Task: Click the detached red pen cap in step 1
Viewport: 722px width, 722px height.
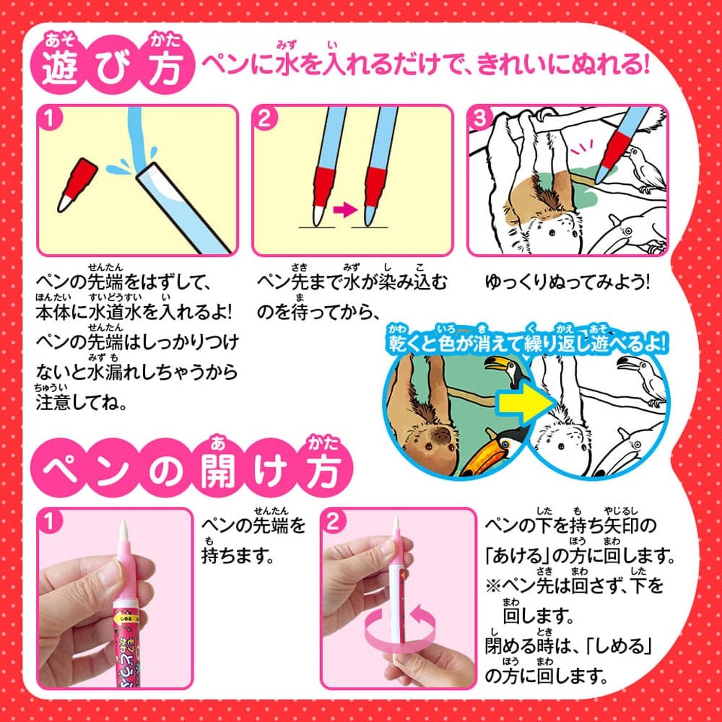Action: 77,185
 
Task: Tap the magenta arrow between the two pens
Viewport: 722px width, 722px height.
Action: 345,210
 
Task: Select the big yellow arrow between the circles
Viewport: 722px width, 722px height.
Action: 526,401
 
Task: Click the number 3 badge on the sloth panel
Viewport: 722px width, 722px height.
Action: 479,118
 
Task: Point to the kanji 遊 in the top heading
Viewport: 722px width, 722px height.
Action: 59,68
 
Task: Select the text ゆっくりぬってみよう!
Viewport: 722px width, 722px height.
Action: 567,282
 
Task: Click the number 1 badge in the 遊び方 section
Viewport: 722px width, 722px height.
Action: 50,118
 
